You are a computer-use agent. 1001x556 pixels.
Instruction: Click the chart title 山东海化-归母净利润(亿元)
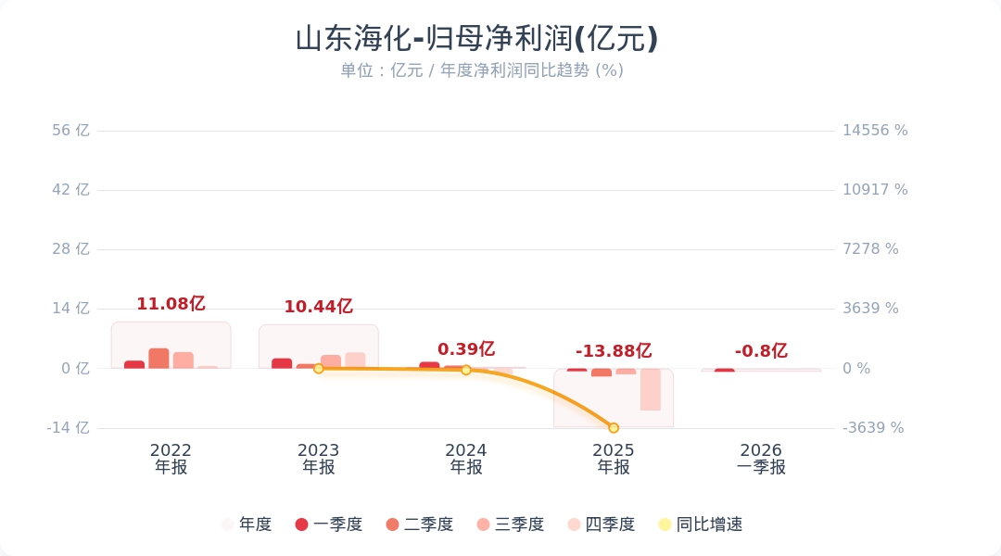pos(476,39)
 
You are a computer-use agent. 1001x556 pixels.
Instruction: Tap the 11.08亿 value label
pos(171,304)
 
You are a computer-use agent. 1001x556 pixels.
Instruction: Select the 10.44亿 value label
pos(318,307)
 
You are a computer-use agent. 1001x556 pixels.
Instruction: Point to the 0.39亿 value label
pos(466,349)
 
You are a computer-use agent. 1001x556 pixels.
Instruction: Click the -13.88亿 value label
pos(614,351)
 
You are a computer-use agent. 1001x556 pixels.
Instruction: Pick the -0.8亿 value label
pos(761,351)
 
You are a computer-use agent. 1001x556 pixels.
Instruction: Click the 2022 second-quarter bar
pos(158,359)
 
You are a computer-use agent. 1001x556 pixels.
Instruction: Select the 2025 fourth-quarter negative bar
pos(651,389)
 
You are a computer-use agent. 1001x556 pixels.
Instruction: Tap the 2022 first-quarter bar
pos(134,364)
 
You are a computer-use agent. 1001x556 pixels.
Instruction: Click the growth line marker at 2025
pos(614,427)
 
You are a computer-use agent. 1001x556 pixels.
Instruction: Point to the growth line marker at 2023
pos(318,368)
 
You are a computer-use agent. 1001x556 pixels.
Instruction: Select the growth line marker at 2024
pos(466,370)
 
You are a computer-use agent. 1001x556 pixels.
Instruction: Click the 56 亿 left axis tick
pos(70,131)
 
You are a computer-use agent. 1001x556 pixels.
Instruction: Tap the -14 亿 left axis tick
pos(69,427)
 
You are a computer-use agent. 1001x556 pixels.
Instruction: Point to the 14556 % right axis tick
pos(875,131)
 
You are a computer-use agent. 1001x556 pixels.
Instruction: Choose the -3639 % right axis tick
pos(873,427)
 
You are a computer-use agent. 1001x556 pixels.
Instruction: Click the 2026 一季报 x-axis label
pos(761,459)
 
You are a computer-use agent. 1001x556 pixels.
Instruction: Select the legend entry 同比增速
pos(701,524)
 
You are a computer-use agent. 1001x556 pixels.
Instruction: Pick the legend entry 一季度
pos(329,524)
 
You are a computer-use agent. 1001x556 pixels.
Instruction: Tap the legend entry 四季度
pos(602,524)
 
